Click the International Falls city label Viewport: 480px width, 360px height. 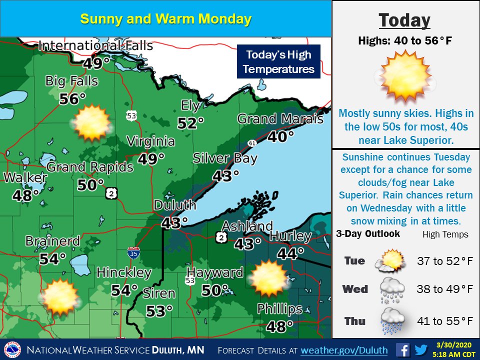coord(95,46)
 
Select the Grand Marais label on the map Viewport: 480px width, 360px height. coord(280,119)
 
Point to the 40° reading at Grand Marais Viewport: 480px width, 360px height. coord(280,136)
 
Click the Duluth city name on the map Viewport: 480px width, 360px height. coord(175,205)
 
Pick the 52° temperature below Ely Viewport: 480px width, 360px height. coord(191,122)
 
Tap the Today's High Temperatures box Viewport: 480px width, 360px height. coord(278,61)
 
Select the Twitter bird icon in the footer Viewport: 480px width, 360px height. coord(421,349)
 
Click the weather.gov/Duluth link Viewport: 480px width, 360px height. coord(344,349)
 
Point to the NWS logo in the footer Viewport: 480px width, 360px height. coord(12,349)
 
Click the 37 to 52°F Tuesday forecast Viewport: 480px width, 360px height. coord(445,260)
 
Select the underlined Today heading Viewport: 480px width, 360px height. coord(404,20)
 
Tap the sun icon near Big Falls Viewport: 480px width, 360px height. coord(91,122)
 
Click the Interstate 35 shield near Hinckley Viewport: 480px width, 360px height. coord(133,252)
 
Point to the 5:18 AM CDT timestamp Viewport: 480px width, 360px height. coord(456,353)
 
